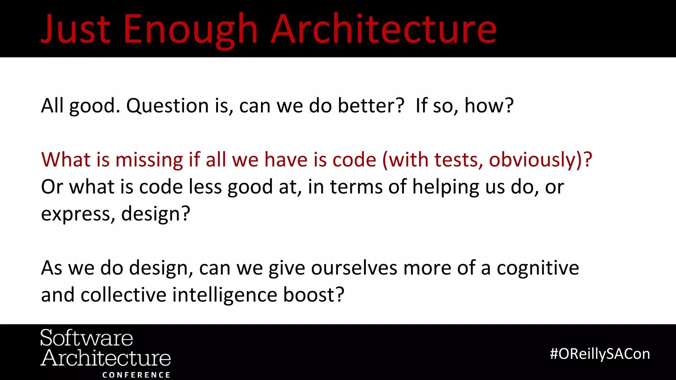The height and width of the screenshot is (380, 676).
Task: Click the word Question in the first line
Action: (x=167, y=106)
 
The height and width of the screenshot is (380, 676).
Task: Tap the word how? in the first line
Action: (x=489, y=106)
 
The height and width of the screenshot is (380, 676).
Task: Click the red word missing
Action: (x=149, y=160)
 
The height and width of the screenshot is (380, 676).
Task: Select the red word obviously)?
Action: (x=540, y=160)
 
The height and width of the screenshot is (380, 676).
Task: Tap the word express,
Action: (x=78, y=214)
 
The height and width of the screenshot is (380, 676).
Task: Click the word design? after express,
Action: (x=155, y=214)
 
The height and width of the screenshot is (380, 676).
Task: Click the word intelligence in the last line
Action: (x=225, y=295)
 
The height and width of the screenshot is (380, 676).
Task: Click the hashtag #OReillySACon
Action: (x=600, y=354)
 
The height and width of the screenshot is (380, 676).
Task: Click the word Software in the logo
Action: (x=86, y=338)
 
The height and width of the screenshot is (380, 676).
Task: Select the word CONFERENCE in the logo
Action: (x=136, y=375)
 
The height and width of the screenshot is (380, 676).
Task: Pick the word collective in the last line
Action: (x=123, y=295)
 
